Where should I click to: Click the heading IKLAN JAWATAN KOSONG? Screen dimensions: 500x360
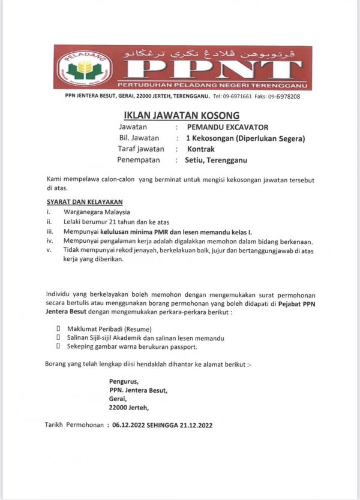coord(181,115)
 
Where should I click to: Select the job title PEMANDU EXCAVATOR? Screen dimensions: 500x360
coord(228,127)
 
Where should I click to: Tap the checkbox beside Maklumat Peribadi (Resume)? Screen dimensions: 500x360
coord(58,329)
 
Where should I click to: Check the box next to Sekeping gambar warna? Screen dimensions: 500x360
coord(58,347)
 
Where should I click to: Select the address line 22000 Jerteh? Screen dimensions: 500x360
coord(129,407)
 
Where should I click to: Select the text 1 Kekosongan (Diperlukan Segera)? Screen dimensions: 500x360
coord(245,138)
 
